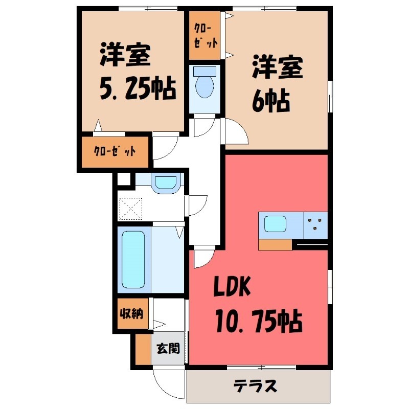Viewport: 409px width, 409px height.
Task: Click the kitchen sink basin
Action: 276,224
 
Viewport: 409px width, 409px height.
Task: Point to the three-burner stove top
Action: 315,224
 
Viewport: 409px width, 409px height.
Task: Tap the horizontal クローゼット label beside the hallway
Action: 116,151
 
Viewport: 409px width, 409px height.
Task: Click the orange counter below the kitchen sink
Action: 275,245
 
